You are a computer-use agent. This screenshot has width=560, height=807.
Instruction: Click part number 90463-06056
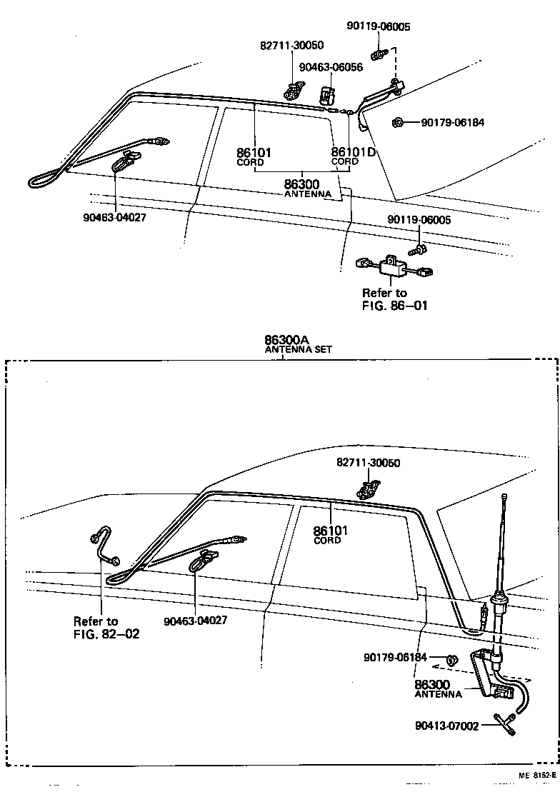point(331,67)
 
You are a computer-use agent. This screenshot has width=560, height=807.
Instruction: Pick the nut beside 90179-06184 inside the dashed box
point(451,657)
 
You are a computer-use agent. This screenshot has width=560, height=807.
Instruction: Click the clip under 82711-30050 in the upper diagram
point(291,91)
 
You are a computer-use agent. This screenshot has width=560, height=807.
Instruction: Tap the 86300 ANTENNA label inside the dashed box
point(439,688)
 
